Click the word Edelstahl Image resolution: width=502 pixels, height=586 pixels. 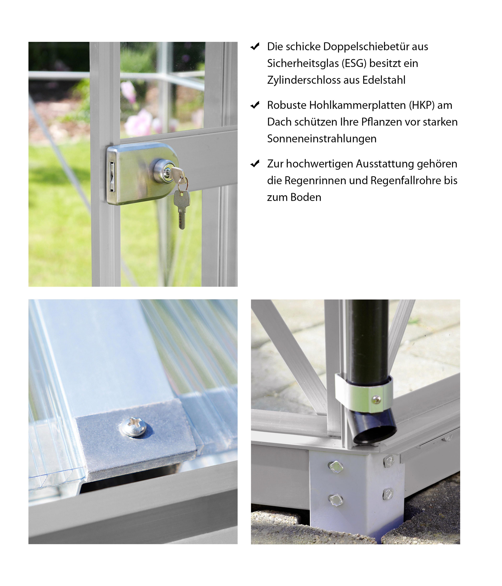384,80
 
